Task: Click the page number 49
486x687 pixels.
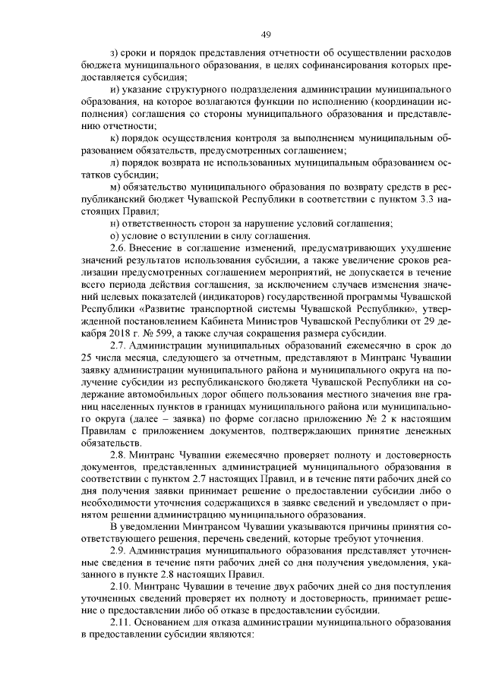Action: pyautogui.click(x=266, y=34)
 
